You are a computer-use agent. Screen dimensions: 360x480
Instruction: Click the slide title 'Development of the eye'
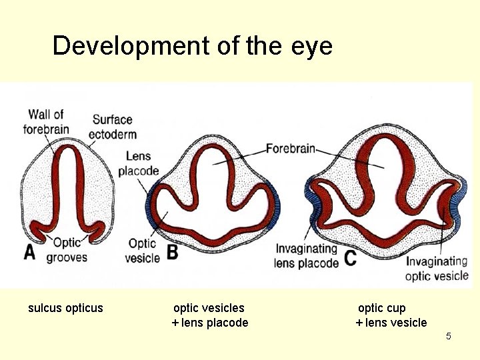click(192, 47)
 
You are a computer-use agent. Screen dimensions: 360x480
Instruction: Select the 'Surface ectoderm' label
click(113, 127)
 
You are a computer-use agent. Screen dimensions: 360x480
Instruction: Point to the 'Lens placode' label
click(138, 163)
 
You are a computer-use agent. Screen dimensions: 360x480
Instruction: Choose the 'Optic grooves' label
click(67, 250)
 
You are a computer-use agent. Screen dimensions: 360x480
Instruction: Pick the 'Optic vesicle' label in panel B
click(142, 251)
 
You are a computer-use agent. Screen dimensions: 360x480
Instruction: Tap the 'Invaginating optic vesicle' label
click(437, 269)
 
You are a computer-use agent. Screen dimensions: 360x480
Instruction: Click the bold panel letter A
click(30, 252)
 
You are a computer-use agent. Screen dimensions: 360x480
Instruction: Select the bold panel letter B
click(172, 253)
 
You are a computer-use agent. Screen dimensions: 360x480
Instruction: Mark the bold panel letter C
click(351, 258)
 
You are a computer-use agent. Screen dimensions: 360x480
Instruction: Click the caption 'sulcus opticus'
click(65, 308)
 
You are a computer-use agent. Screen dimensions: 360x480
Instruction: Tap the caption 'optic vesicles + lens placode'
click(209, 315)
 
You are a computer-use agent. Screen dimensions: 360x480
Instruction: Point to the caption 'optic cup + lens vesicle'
click(391, 315)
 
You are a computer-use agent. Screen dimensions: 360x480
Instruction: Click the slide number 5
click(449, 336)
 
